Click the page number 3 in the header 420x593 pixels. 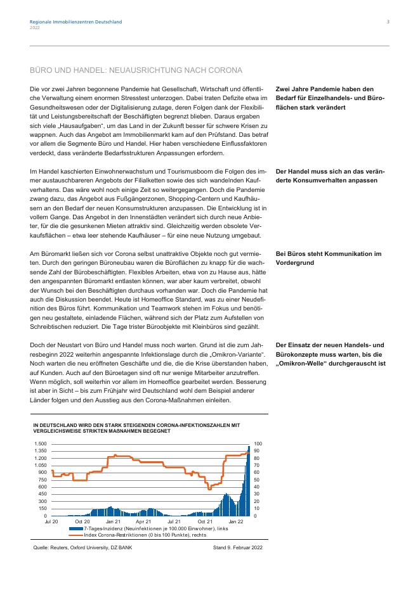tap(388, 22)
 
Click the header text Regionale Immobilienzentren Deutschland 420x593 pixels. tap(75, 22)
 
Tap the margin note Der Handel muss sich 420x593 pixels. tap(331, 175)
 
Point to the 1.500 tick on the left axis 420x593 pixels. tap(41, 443)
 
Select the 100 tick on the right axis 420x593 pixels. tap(257, 443)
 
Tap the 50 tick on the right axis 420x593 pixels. tap(256, 480)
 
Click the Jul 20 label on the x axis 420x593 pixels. tap(51, 521)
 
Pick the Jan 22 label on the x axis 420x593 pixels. tap(236, 521)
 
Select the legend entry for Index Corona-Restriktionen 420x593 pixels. tap(145, 535)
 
